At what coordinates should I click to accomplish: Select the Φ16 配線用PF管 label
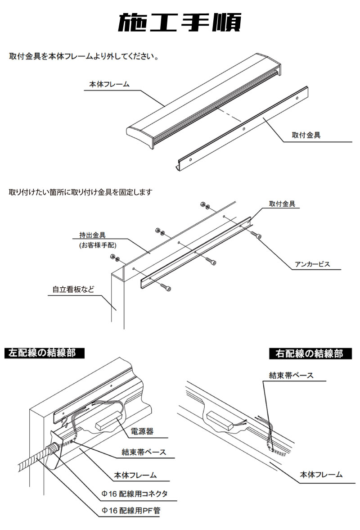click(x=130, y=511)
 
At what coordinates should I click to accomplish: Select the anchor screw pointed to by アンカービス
click(x=256, y=235)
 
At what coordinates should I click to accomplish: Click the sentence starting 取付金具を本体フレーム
click(x=83, y=57)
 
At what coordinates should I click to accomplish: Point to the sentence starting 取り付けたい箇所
click(x=81, y=192)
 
